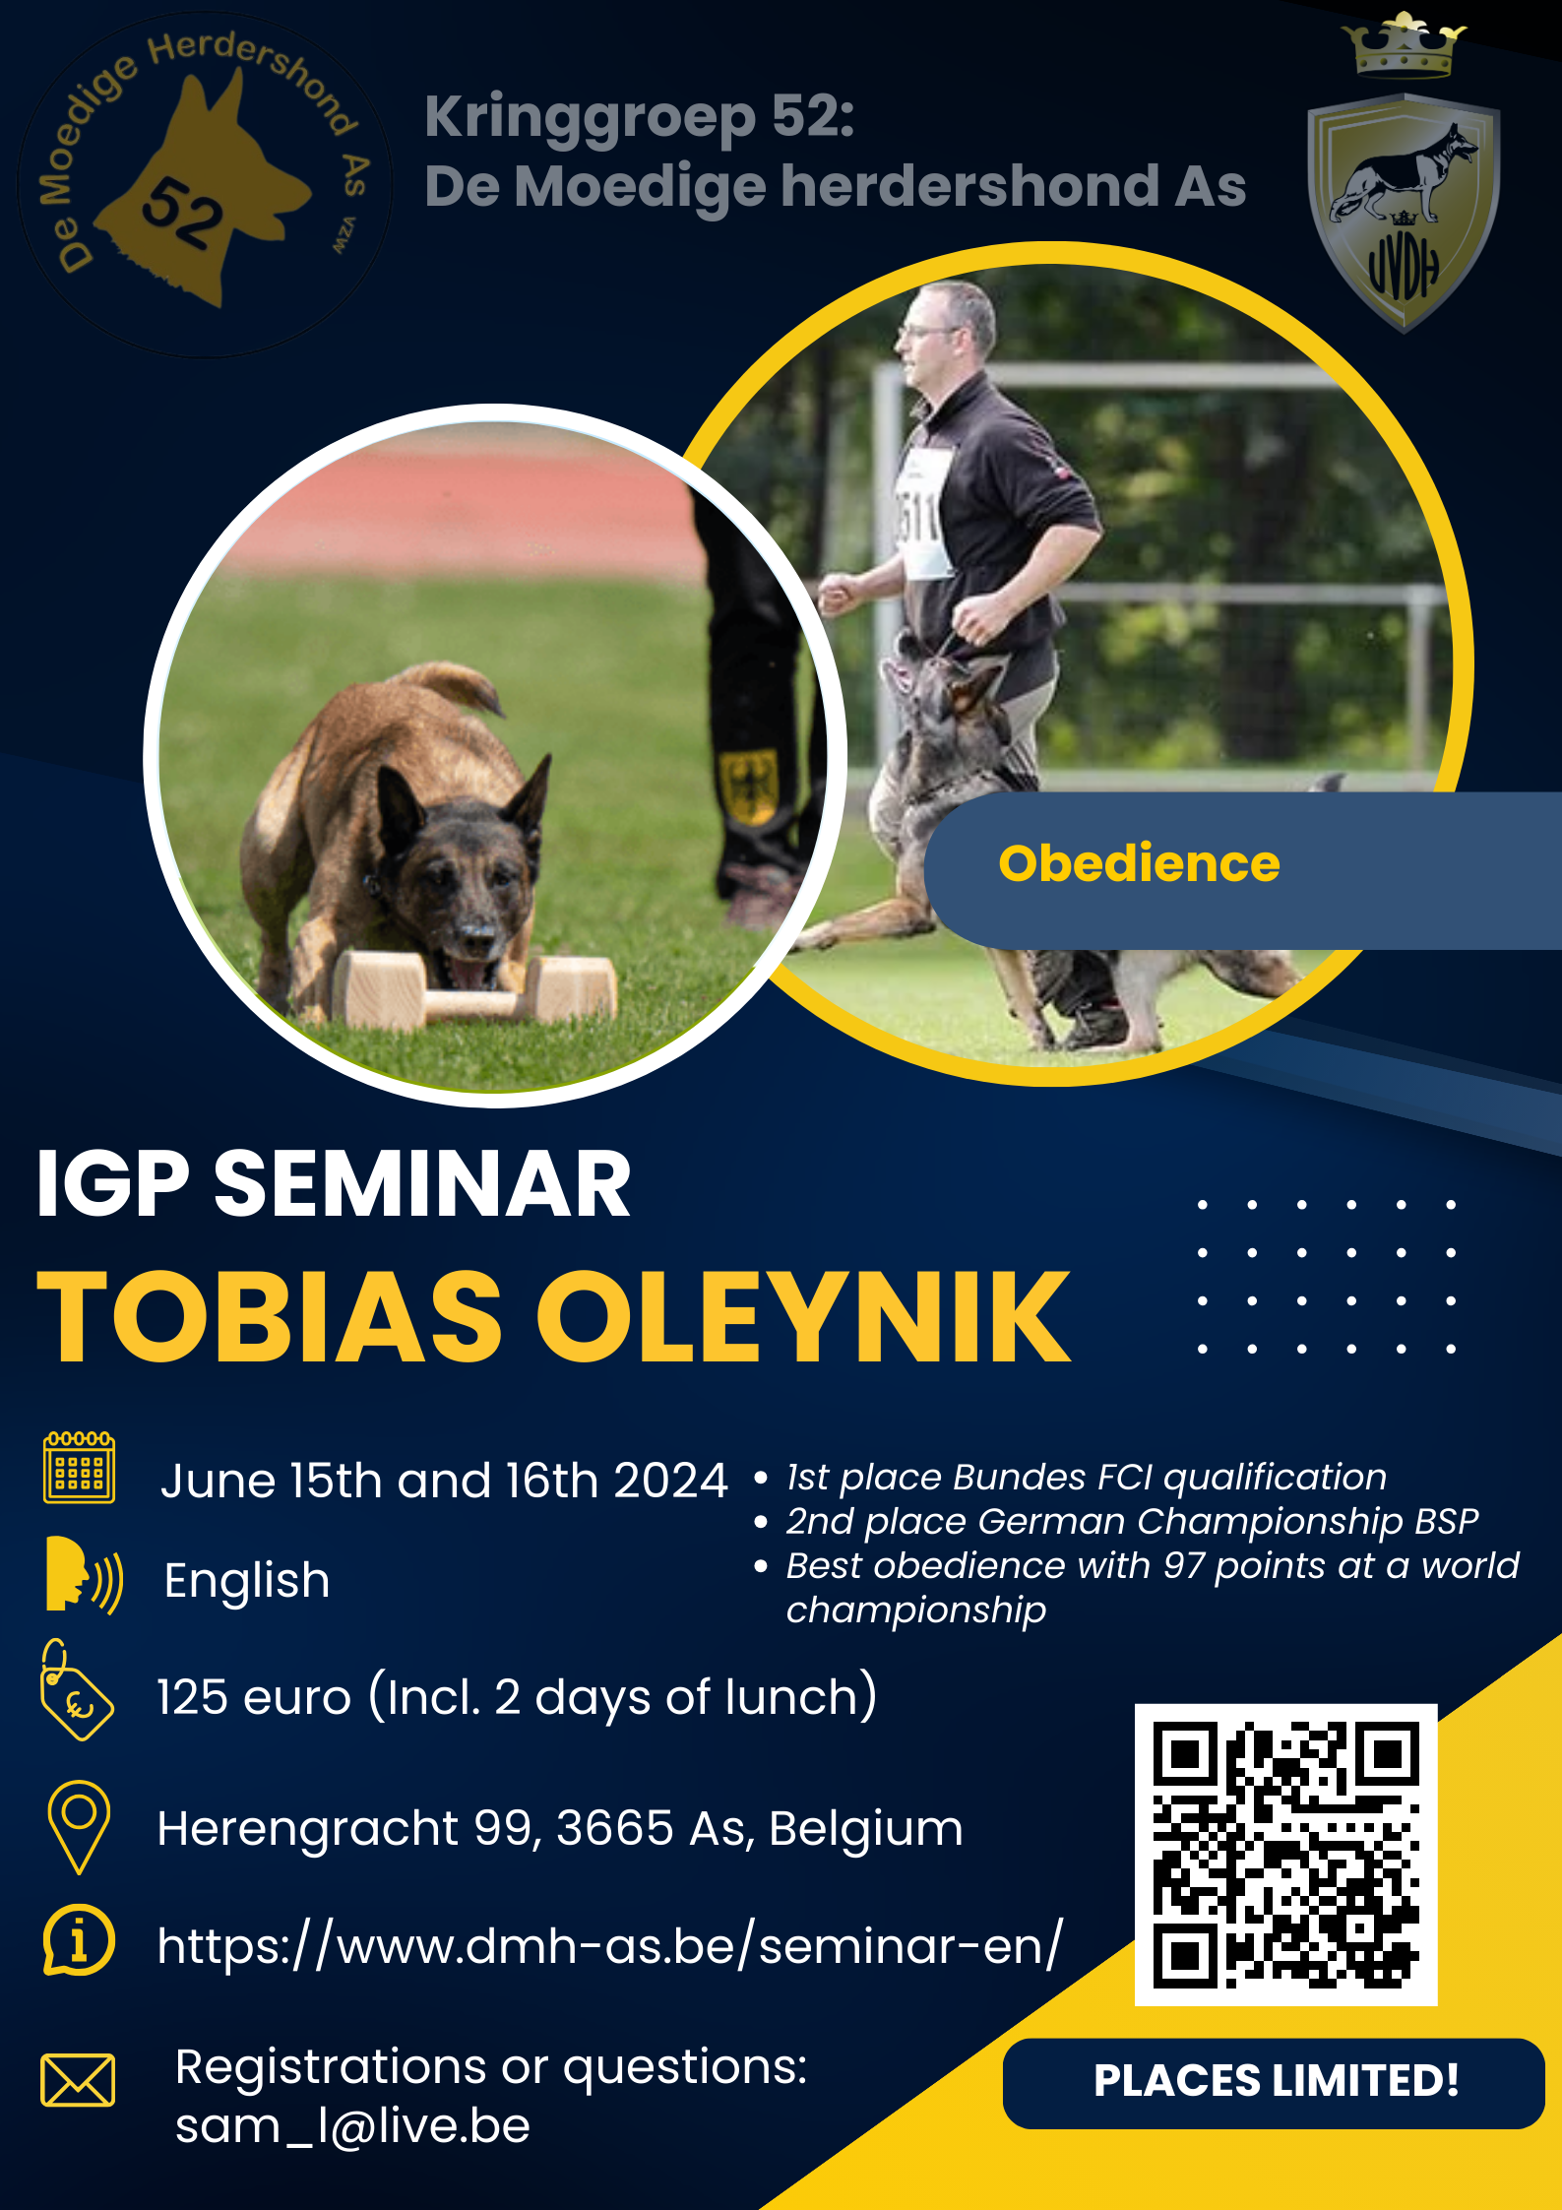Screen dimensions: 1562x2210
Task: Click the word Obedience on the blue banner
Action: click(x=1139, y=863)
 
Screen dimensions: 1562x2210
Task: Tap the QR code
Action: click(x=1285, y=1855)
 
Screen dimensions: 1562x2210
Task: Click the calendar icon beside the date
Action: click(x=79, y=1468)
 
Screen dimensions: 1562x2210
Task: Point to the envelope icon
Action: click(x=78, y=2080)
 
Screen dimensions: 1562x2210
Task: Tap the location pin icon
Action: click(x=79, y=1826)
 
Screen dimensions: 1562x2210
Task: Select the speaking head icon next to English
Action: click(x=84, y=1574)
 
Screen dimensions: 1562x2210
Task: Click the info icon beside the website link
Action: click(x=79, y=1940)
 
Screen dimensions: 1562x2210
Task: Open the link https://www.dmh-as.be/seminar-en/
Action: click(x=610, y=1946)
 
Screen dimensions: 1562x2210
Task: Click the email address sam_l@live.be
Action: click(x=352, y=2126)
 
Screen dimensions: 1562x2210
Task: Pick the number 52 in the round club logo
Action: click(x=183, y=213)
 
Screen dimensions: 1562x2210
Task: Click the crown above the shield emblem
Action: click(x=1404, y=45)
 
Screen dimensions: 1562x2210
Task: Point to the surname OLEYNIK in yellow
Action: click(x=802, y=1316)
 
